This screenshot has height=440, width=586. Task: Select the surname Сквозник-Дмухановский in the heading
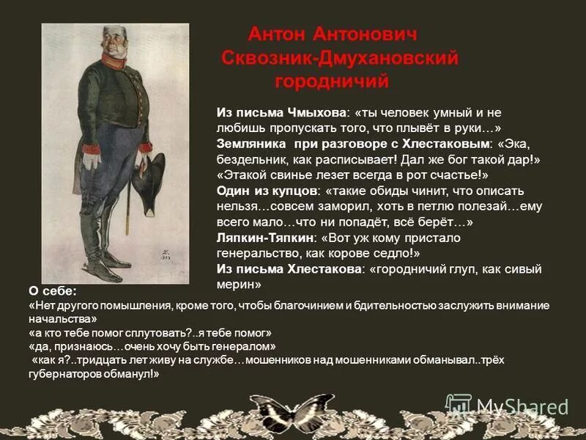[x=340, y=58]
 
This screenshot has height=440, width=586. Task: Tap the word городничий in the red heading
[x=332, y=81]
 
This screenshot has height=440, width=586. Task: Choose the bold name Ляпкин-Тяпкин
[x=262, y=238]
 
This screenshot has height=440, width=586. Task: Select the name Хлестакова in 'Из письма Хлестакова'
[x=326, y=270]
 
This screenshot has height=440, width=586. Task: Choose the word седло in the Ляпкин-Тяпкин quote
[x=395, y=254]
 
